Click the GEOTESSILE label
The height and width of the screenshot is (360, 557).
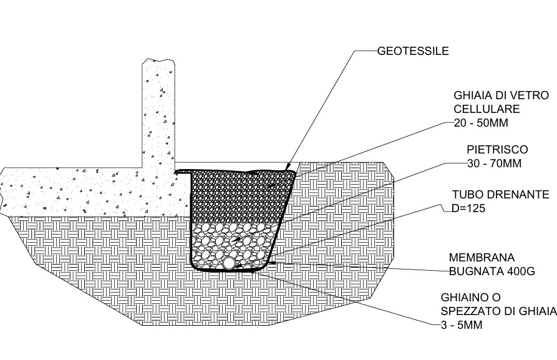413,51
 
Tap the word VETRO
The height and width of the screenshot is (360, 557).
530,95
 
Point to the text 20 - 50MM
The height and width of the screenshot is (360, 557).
481,123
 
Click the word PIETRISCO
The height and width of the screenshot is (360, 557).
497,149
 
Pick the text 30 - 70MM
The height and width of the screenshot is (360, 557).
494,163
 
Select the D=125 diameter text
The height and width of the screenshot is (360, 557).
468,208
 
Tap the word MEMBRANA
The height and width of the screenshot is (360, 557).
482,257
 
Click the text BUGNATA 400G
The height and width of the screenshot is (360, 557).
492,271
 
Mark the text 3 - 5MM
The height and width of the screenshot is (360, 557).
462,325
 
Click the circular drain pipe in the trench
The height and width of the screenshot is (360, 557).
228,263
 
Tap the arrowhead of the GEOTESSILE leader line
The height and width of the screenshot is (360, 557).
287,168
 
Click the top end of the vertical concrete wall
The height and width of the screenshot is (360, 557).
158,60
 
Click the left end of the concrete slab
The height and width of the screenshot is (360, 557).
2,192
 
